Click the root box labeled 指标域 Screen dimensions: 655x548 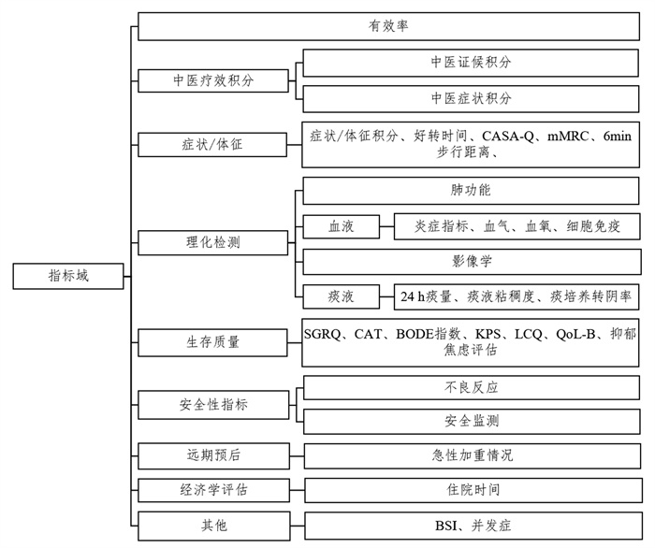click(68, 276)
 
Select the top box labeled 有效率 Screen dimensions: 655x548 click(388, 26)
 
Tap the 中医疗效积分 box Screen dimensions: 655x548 click(213, 80)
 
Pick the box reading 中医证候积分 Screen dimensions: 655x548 click(471, 63)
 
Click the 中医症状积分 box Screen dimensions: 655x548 click(471, 99)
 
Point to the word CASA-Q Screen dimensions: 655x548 click(508, 136)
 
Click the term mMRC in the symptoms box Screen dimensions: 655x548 click(568, 136)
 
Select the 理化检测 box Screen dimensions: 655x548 click(213, 242)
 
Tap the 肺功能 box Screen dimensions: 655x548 click(471, 191)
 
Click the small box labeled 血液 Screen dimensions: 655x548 click(342, 226)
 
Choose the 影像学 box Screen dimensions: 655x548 click(472, 262)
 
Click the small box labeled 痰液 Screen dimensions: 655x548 click(342, 296)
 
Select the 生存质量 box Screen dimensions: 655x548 click(213, 342)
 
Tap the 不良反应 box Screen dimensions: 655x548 click(472, 388)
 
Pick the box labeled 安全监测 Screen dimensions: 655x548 click(472, 421)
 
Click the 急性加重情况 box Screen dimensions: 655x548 click(473, 455)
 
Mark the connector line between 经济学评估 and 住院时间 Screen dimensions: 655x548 click(298, 490)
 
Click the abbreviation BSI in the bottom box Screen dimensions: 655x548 click(446, 526)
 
